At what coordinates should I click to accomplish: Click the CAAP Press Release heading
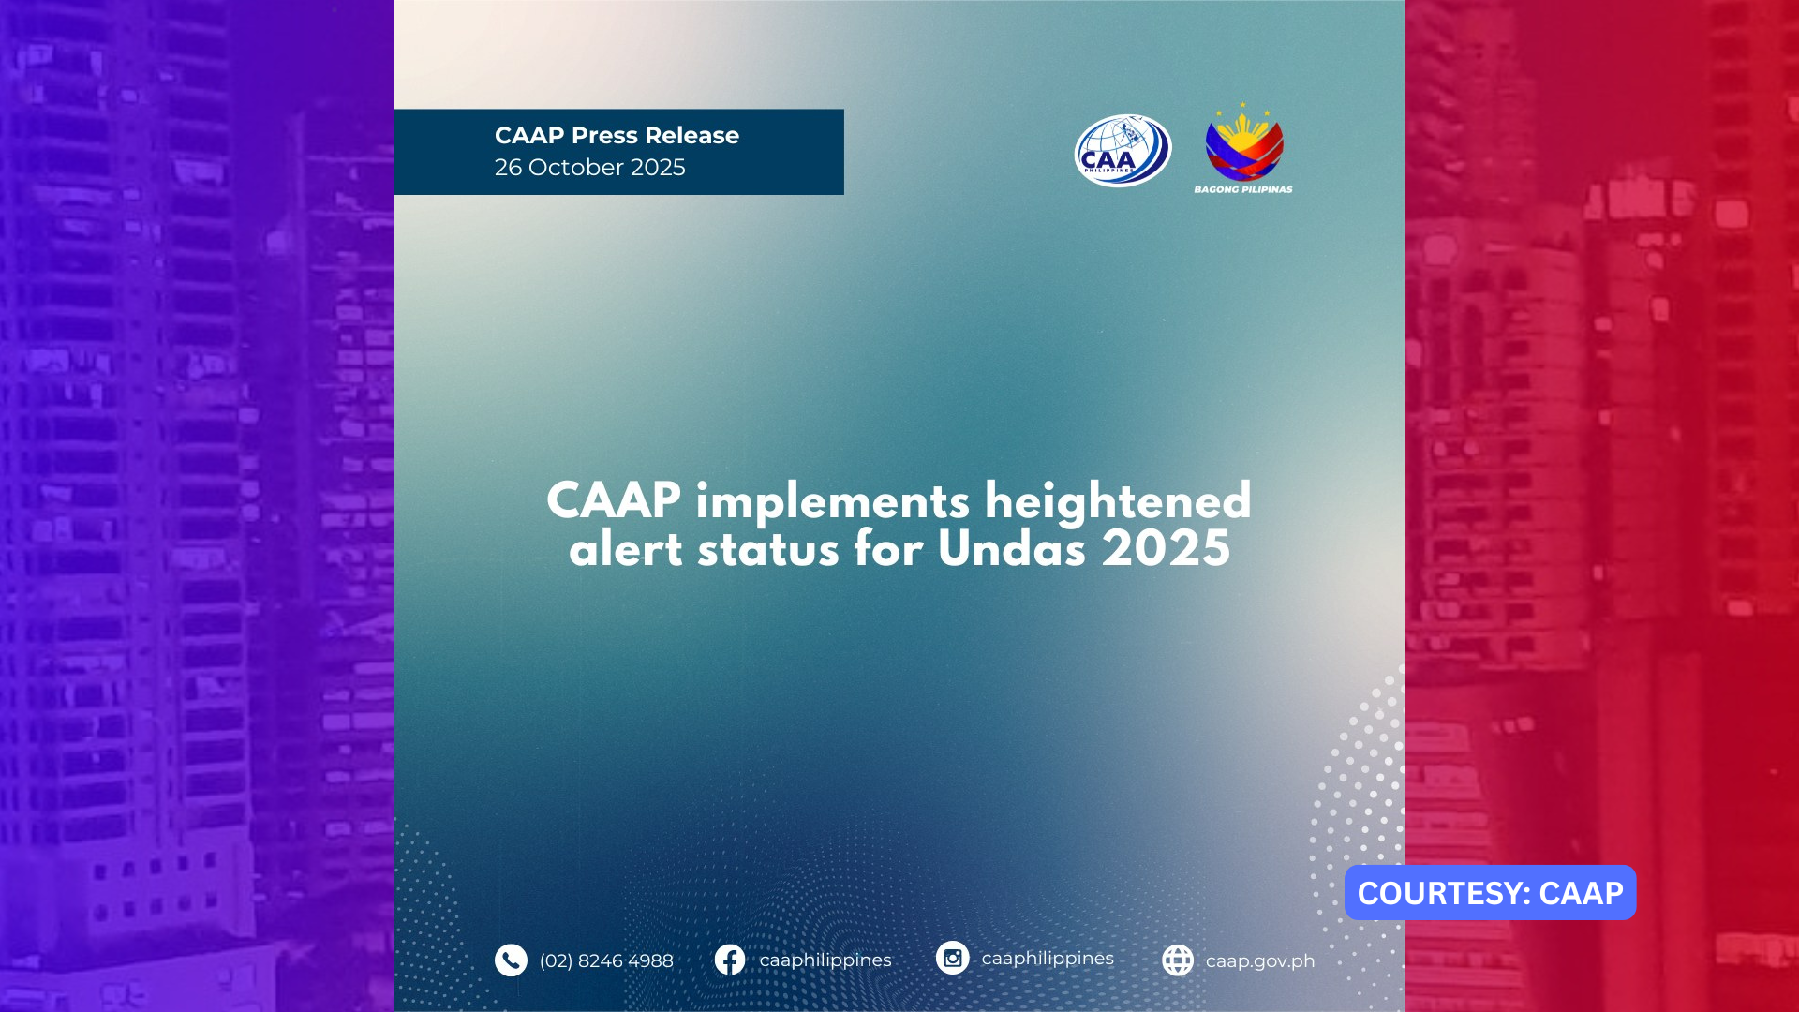tap(617, 136)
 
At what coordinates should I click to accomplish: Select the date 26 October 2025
tap(589, 168)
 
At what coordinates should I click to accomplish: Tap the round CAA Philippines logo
tap(1123, 151)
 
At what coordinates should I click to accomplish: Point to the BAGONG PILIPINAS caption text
tap(1242, 189)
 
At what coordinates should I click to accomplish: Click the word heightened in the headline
tap(1118, 501)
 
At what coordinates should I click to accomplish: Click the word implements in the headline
tap(832, 503)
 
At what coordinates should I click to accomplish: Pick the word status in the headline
tap(768, 549)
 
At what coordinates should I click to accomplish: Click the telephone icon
tap(511, 960)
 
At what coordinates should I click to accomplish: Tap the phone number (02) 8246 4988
tap(606, 961)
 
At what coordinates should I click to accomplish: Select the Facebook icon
tap(730, 960)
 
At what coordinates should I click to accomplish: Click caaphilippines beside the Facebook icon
tap(825, 960)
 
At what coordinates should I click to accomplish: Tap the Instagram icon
tap(952, 958)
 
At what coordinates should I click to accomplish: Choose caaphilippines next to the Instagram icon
tap(1047, 959)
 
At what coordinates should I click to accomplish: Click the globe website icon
tap(1178, 960)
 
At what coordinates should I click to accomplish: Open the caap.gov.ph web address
tap(1259, 961)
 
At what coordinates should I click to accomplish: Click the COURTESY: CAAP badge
tap(1490, 893)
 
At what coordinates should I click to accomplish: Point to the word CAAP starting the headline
tap(613, 501)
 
